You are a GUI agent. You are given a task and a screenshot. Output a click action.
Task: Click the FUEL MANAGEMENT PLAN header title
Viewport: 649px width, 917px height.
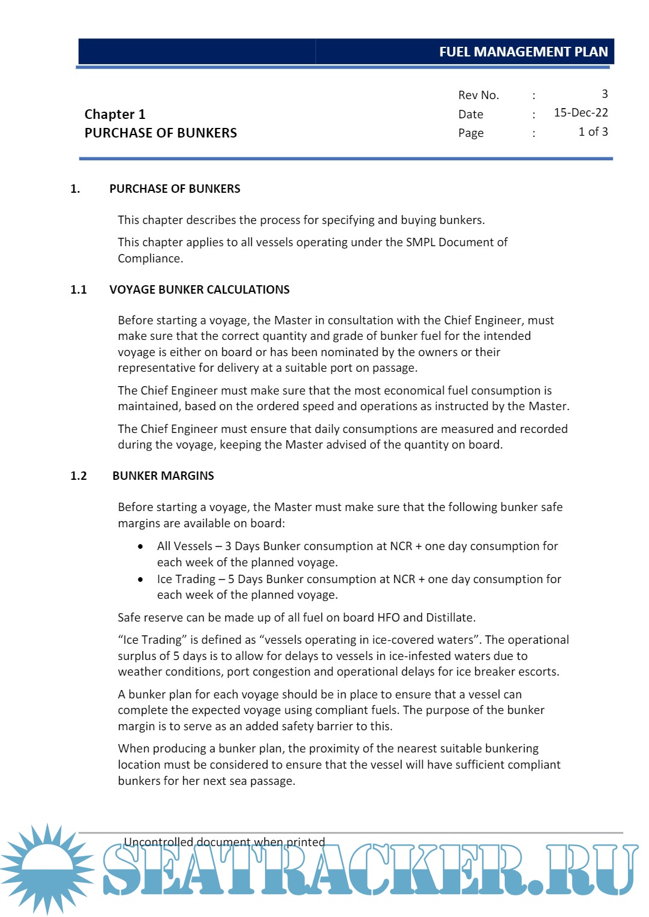click(523, 52)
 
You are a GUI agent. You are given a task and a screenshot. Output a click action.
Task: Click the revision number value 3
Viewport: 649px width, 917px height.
click(605, 94)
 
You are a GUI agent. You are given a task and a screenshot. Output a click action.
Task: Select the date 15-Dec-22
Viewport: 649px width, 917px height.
click(580, 113)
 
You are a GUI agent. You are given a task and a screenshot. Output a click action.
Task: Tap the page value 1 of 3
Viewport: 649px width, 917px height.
click(593, 132)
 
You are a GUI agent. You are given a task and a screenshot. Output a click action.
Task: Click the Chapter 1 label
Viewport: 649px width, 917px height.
click(115, 114)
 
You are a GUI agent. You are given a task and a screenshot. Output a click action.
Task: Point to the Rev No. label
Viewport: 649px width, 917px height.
click(478, 95)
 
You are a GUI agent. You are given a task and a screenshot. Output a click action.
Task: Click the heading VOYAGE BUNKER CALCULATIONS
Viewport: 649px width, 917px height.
click(199, 289)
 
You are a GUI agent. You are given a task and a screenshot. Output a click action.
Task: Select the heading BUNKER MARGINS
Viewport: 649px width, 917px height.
click(163, 476)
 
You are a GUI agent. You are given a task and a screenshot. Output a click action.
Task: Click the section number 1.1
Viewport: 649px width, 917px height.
click(79, 289)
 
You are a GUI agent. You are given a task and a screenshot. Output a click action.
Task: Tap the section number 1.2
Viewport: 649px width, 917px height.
click(79, 476)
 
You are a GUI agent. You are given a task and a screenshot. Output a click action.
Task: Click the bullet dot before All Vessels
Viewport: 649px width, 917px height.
click(141, 546)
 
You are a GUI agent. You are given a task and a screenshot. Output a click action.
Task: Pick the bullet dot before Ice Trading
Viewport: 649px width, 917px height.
click(141, 580)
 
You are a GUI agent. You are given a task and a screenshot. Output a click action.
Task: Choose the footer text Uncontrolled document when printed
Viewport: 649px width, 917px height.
click(224, 842)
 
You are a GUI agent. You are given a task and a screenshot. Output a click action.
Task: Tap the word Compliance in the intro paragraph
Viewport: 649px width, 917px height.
click(150, 258)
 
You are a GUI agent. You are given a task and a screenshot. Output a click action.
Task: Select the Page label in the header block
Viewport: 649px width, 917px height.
click(471, 133)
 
